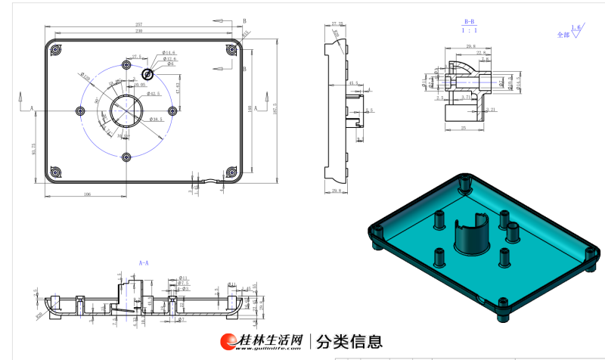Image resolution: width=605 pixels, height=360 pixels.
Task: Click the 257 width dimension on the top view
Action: pyautogui.click(x=138, y=25)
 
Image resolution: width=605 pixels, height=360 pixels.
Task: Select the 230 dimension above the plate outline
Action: pyautogui.click(x=138, y=32)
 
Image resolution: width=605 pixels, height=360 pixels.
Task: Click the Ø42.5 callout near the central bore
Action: pyautogui.click(x=154, y=94)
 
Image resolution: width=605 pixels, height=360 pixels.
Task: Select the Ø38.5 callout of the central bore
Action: pyautogui.click(x=157, y=119)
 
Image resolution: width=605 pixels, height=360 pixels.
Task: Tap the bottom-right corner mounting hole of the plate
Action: pyautogui.click(x=230, y=173)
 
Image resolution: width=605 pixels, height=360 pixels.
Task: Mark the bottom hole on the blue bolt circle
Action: pyautogui.click(x=126, y=157)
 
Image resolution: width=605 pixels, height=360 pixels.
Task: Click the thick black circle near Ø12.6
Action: pyautogui.click(x=147, y=74)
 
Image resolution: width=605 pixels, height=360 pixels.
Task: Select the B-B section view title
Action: pyautogui.click(x=469, y=22)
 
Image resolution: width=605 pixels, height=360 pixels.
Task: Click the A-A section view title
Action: pyautogui.click(x=144, y=262)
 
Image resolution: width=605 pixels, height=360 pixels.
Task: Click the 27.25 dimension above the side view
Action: pyautogui.click(x=337, y=24)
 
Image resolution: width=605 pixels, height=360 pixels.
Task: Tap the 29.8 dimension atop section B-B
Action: pyautogui.click(x=470, y=47)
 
